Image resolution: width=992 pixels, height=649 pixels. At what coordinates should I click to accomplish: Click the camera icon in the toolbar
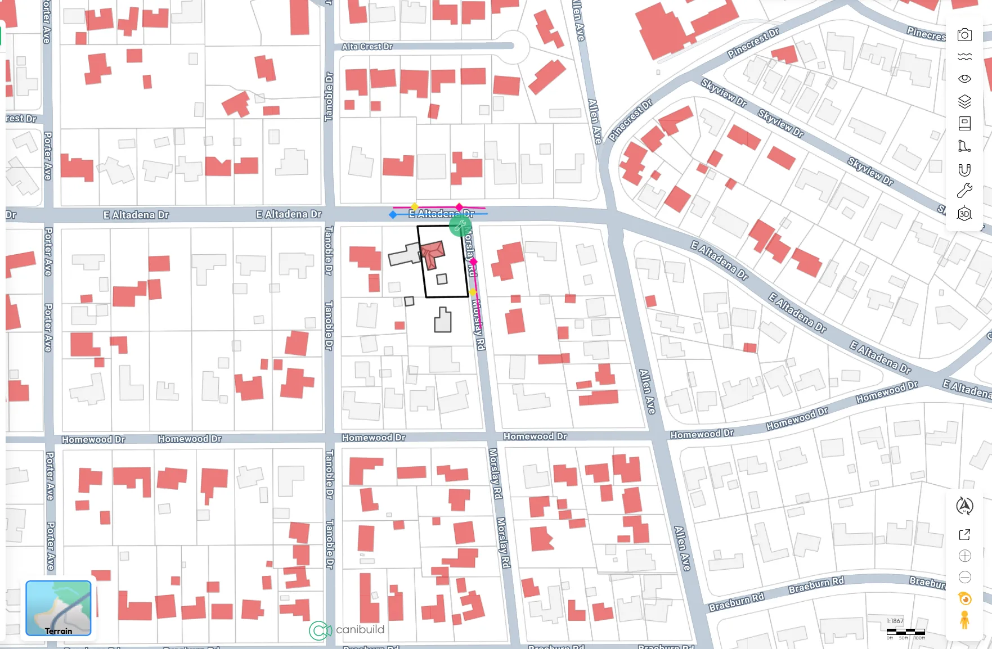[x=964, y=35]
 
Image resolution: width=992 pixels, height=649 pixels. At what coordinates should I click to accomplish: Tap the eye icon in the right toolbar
[x=964, y=79]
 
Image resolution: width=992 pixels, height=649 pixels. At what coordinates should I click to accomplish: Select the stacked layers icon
[x=964, y=101]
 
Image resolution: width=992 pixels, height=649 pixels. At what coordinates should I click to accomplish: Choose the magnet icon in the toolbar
[x=964, y=170]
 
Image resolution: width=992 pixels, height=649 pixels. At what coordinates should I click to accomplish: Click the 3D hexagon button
[x=964, y=214]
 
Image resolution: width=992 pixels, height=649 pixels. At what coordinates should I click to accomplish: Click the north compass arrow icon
[x=964, y=506]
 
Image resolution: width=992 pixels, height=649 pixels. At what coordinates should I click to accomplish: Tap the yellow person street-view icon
[x=964, y=620]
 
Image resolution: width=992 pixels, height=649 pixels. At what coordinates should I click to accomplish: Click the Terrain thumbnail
[x=59, y=608]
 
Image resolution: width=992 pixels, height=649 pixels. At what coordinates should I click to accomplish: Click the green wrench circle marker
[x=460, y=226]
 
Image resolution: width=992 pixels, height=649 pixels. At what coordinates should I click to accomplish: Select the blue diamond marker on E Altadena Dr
[x=393, y=214]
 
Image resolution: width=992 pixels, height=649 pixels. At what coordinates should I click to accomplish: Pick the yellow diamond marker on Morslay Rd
[x=473, y=292]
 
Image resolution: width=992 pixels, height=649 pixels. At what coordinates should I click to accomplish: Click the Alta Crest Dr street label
[x=367, y=47]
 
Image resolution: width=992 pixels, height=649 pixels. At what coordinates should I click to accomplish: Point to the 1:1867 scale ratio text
[x=895, y=621]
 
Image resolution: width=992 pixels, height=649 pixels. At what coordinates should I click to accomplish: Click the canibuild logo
[x=347, y=630]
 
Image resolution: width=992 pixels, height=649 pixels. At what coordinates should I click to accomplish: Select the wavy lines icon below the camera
[x=964, y=57]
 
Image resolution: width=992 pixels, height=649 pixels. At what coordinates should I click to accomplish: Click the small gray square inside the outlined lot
[x=442, y=279]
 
